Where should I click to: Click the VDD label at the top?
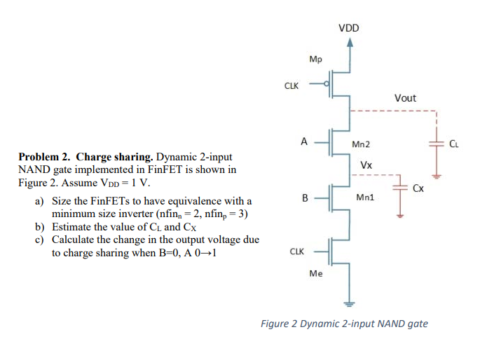tap(348, 29)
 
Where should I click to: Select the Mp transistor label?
tap(315, 60)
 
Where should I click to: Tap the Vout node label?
tap(405, 98)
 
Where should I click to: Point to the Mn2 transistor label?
tap(362, 144)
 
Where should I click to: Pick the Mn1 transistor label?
tap(365, 198)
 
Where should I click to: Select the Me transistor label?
tap(315, 275)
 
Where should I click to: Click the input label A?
tap(304, 140)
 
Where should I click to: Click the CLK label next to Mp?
tap(291, 86)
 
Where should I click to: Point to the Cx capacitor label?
tap(418, 188)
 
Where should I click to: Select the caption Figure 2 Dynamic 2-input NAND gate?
tap(344, 324)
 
